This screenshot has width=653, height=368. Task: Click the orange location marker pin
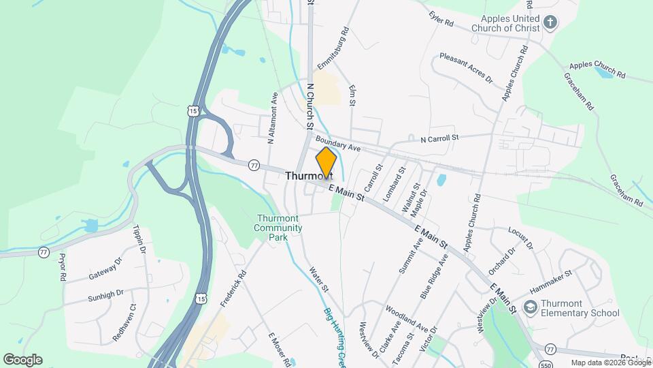[326, 162]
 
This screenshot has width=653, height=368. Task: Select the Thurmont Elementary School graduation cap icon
[529, 308]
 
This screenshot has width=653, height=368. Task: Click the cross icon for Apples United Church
[550, 23]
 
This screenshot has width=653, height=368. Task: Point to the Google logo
[22, 360]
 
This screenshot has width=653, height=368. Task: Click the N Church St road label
[309, 106]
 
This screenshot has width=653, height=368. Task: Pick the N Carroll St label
[439, 138]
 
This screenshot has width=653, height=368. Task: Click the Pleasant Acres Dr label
[466, 68]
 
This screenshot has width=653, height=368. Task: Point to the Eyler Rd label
[441, 18]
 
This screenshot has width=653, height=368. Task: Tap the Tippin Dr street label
[139, 240]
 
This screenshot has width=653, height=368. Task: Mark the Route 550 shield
[543, 363]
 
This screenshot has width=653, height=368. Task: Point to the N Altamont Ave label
[272, 118]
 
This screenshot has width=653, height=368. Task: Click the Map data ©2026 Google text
[610, 363]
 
